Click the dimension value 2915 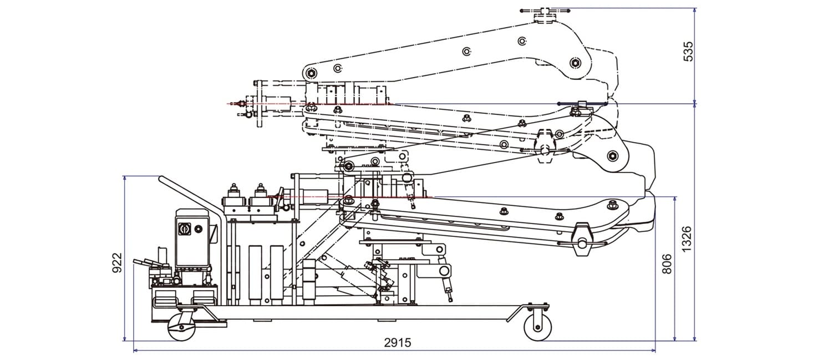tap(398, 342)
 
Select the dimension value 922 tap(116, 262)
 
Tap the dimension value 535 tap(689, 52)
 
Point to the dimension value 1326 tap(687, 239)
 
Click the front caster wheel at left tap(181, 327)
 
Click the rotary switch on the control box tap(184, 228)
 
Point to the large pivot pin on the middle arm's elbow tap(612, 155)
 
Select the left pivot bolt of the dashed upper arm tap(310, 73)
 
